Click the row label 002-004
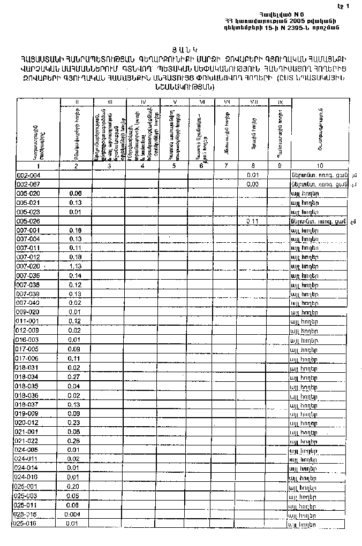tap(29, 175)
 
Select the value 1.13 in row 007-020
tap(75, 266)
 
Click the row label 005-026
tap(29, 221)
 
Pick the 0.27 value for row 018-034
tap(74, 376)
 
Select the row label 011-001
tap(29, 321)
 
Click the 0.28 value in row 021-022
tap(74, 441)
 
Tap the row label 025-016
tap(26, 524)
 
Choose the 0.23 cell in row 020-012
tap(74, 422)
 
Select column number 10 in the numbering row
tap(320, 166)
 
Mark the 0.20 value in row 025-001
tap(74, 487)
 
